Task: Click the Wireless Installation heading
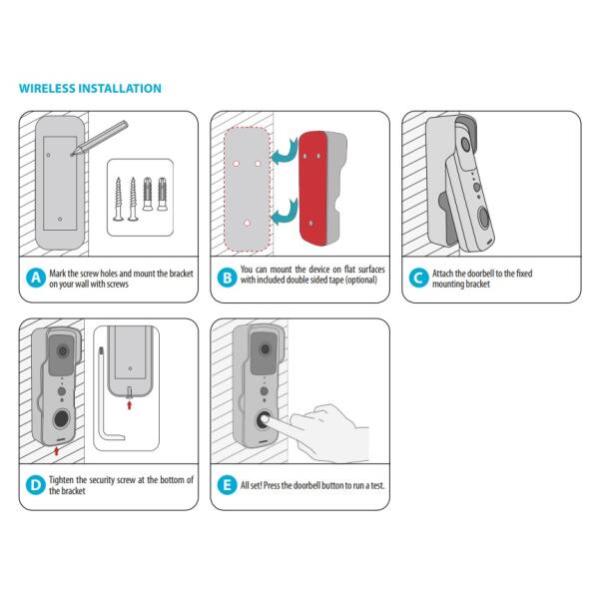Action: point(90,88)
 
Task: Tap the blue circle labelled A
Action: point(36,278)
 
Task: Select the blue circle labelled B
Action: point(227,278)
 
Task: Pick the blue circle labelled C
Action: point(418,278)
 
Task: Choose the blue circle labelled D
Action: point(36,485)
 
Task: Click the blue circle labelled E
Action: point(227,485)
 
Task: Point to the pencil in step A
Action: point(100,139)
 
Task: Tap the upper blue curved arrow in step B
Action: point(285,153)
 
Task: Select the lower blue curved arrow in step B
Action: point(285,213)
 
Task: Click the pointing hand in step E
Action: point(324,431)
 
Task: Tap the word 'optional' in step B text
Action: point(361,280)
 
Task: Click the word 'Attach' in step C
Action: point(443,274)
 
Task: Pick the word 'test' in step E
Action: point(377,485)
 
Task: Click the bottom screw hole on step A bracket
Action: point(60,219)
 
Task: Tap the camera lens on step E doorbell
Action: point(265,348)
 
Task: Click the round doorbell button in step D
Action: point(62,419)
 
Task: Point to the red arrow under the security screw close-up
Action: point(129,405)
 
